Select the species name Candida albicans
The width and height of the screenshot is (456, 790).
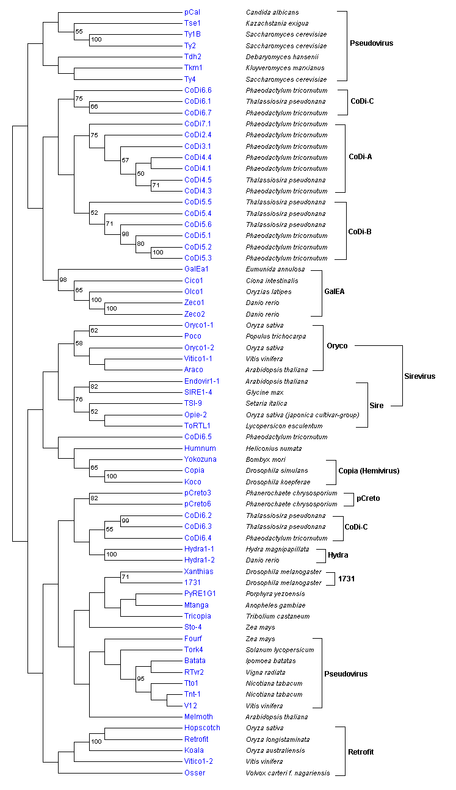(272, 12)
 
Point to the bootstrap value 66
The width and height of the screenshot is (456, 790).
(94, 107)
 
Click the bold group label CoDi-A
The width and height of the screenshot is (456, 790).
(361, 157)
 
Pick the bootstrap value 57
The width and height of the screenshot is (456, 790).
(126, 160)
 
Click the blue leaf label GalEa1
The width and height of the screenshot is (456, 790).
(197, 269)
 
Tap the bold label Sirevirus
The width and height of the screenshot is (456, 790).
(420, 376)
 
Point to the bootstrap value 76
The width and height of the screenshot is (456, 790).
(79, 399)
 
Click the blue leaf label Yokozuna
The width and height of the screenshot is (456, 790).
(200, 459)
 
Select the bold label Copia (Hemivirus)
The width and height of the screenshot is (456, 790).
(369, 470)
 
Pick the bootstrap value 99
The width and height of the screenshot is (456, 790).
(126, 520)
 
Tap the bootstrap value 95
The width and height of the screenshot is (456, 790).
(141, 678)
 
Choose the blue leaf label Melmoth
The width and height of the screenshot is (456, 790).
(198, 717)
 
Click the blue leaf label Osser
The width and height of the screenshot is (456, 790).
(195, 773)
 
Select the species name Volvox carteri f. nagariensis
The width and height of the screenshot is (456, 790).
(288, 773)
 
